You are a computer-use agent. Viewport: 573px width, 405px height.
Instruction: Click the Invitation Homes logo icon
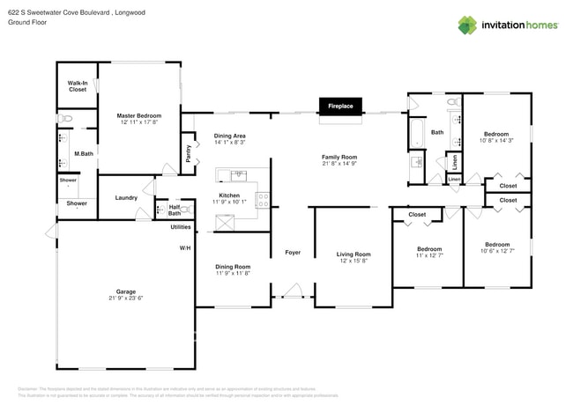click(x=468, y=25)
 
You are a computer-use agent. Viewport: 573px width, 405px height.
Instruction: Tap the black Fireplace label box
click(x=340, y=107)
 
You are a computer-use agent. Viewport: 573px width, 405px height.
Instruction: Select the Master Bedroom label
click(x=138, y=115)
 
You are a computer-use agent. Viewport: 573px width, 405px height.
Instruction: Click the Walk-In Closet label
click(x=77, y=85)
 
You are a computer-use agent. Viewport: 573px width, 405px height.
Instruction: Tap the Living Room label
click(x=353, y=254)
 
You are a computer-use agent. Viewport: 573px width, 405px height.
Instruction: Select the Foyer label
click(x=293, y=253)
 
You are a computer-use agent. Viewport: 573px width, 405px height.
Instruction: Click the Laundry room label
click(x=126, y=197)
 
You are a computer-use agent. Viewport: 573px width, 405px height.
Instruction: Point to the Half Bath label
click(x=174, y=210)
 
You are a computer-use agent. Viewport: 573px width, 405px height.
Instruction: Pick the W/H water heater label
click(x=185, y=248)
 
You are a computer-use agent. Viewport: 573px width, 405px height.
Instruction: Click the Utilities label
click(x=182, y=227)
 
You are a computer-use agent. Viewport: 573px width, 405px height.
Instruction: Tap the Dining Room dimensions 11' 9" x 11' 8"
click(x=233, y=274)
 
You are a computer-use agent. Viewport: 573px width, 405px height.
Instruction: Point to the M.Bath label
click(x=84, y=155)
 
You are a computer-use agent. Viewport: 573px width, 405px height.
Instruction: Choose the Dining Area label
click(x=229, y=136)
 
